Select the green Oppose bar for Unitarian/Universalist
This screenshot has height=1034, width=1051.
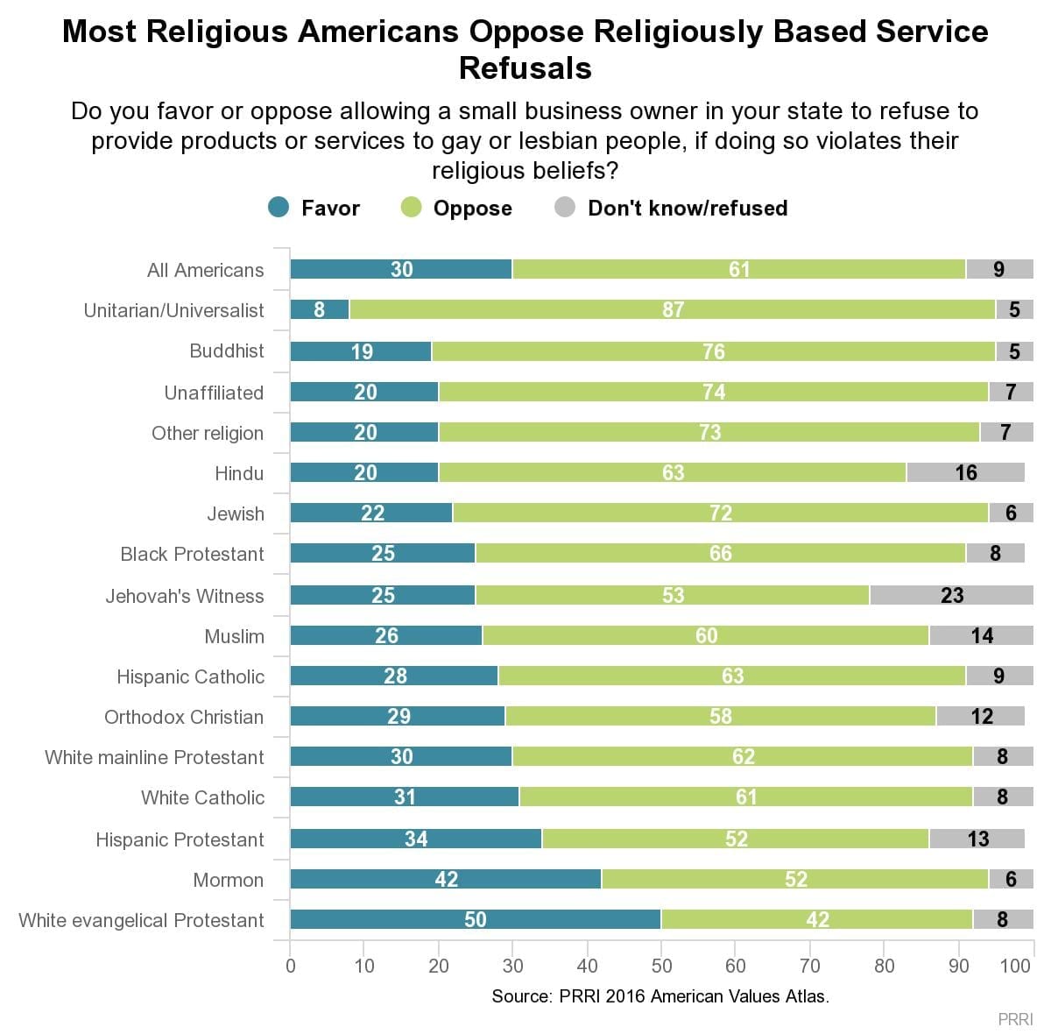tap(613, 309)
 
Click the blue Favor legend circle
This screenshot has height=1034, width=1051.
tap(279, 208)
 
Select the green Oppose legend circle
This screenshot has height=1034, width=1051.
tap(411, 208)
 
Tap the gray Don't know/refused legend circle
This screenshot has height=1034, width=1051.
tap(565, 208)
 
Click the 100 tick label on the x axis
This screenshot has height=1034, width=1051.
tap(1015, 966)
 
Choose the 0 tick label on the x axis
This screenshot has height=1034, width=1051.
tap(291, 966)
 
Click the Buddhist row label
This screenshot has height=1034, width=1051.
tap(227, 351)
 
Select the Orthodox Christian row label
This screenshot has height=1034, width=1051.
tap(184, 717)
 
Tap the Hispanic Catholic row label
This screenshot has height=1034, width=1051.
tap(190, 676)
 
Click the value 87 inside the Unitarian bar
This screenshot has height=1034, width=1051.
tap(673, 309)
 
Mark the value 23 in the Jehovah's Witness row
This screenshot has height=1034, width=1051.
tap(952, 595)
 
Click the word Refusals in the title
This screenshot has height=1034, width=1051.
tap(525, 68)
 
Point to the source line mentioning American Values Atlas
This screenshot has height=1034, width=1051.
tap(660, 996)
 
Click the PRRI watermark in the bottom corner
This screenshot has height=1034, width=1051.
tap(1015, 1019)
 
